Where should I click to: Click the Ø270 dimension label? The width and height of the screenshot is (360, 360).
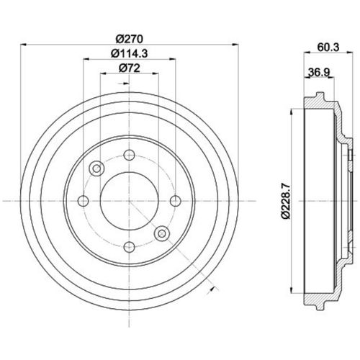click(x=129, y=39)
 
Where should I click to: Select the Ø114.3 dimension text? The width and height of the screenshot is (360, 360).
click(x=129, y=53)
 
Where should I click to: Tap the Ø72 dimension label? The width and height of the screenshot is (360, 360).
click(x=129, y=68)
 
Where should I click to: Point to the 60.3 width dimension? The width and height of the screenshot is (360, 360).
click(x=328, y=48)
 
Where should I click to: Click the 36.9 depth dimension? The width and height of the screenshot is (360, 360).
click(x=319, y=72)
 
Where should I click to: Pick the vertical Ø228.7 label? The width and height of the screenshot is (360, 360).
click(x=286, y=201)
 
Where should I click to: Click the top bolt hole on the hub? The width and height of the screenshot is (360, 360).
click(x=129, y=155)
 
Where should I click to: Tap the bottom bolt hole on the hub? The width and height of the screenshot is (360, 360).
click(x=129, y=247)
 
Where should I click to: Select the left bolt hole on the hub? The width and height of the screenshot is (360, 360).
click(x=84, y=201)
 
